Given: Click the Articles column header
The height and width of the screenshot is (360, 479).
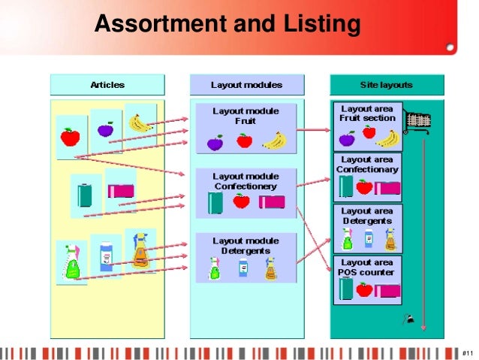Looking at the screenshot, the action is (x=107, y=85).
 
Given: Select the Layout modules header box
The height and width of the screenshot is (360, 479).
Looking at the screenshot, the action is (x=247, y=85).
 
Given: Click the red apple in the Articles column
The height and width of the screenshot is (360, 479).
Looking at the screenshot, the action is (x=70, y=137).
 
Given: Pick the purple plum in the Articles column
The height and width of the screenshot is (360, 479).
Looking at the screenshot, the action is (x=105, y=130).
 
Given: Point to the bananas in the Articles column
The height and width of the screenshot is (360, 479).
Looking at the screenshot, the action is (x=140, y=122).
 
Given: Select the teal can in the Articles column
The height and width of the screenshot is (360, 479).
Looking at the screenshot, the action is (x=84, y=193).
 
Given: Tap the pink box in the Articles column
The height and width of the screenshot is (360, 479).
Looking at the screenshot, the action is (x=121, y=190).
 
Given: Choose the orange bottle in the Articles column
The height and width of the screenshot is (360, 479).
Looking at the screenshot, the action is (x=140, y=252).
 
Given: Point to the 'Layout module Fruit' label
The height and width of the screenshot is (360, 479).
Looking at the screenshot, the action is (x=246, y=116).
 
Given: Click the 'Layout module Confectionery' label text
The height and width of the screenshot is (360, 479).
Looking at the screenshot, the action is (x=246, y=181).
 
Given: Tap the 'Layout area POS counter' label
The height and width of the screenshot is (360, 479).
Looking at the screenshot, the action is (x=367, y=268).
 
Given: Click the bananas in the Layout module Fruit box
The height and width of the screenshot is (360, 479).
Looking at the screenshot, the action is (x=274, y=141).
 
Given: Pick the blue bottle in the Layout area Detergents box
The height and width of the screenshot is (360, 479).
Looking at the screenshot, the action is (x=369, y=238).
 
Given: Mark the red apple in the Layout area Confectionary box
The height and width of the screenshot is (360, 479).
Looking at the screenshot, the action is (x=365, y=186).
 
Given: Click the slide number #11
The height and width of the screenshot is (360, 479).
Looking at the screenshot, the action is (x=466, y=352).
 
